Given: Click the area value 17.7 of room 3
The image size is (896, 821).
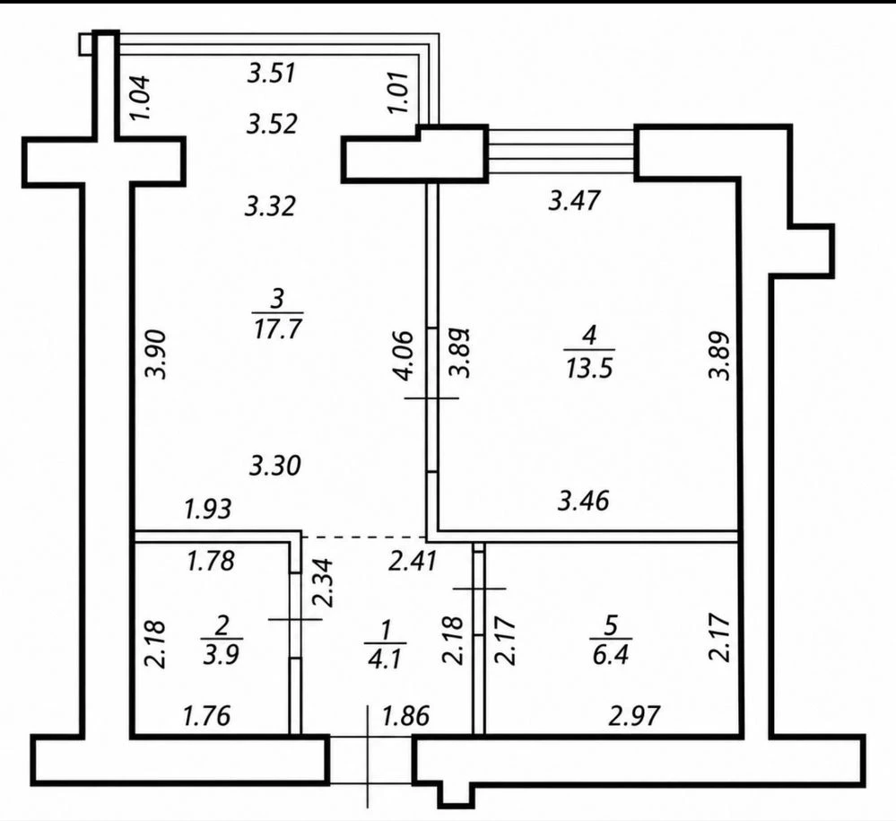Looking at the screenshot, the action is point(278,329).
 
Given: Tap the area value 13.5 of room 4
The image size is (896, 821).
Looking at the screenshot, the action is point(590,368).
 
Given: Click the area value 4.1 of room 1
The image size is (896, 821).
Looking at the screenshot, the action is point(385,659).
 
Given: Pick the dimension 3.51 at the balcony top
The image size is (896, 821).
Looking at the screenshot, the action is point(272,74).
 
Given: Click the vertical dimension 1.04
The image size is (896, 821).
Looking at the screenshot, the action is point(140,97).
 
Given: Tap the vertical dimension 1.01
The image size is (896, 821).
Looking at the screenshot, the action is point(399,92).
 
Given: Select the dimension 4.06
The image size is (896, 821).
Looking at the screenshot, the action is point(404,354).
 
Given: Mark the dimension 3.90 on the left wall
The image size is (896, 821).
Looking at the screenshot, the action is point(155,354).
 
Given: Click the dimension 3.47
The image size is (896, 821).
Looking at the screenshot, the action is point(574,201).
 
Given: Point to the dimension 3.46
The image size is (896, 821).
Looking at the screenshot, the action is point(583,501).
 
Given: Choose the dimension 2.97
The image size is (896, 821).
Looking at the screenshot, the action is point(634,715).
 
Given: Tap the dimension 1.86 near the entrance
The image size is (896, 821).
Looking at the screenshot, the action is point(405,715).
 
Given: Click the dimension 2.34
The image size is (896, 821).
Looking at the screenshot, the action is point(324,582).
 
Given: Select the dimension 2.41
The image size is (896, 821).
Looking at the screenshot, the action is point(413,561).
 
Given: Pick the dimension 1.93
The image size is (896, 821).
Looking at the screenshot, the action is point(207,509).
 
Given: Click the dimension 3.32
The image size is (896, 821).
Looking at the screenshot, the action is point(270,205).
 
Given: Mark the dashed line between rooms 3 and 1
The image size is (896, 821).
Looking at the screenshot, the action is point(363,537).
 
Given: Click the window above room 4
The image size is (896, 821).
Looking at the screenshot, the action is point(561,152).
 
